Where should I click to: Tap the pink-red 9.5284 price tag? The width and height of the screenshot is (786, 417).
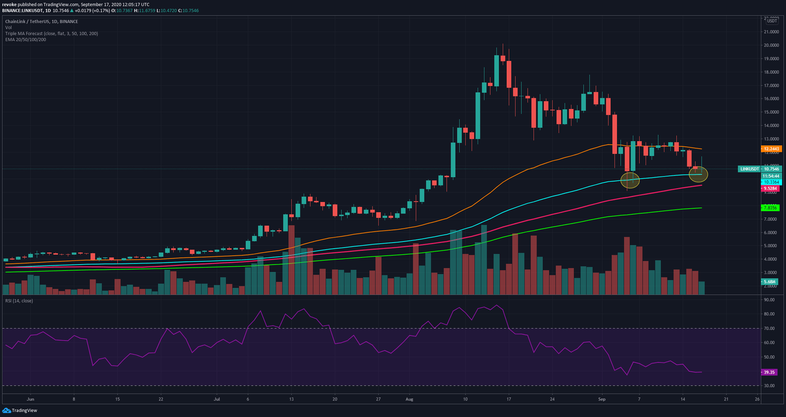[770, 188]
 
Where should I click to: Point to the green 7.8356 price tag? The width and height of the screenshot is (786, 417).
[770, 208]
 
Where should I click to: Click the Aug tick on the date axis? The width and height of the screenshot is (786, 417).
[409, 399]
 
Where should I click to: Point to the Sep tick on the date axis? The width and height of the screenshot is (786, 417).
[602, 399]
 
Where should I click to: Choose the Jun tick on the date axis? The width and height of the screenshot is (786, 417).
[30, 399]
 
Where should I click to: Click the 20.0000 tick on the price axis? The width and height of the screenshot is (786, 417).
[771, 45]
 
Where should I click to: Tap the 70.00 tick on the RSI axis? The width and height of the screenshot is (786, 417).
[770, 328]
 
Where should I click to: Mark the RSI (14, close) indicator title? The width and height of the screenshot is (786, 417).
[19, 301]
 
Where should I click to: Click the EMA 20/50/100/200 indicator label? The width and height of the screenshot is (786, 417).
[26, 39]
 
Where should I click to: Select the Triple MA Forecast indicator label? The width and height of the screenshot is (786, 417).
[52, 33]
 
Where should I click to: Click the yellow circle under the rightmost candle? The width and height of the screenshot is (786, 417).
[698, 174]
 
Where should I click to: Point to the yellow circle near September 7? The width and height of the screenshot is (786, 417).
[630, 180]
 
